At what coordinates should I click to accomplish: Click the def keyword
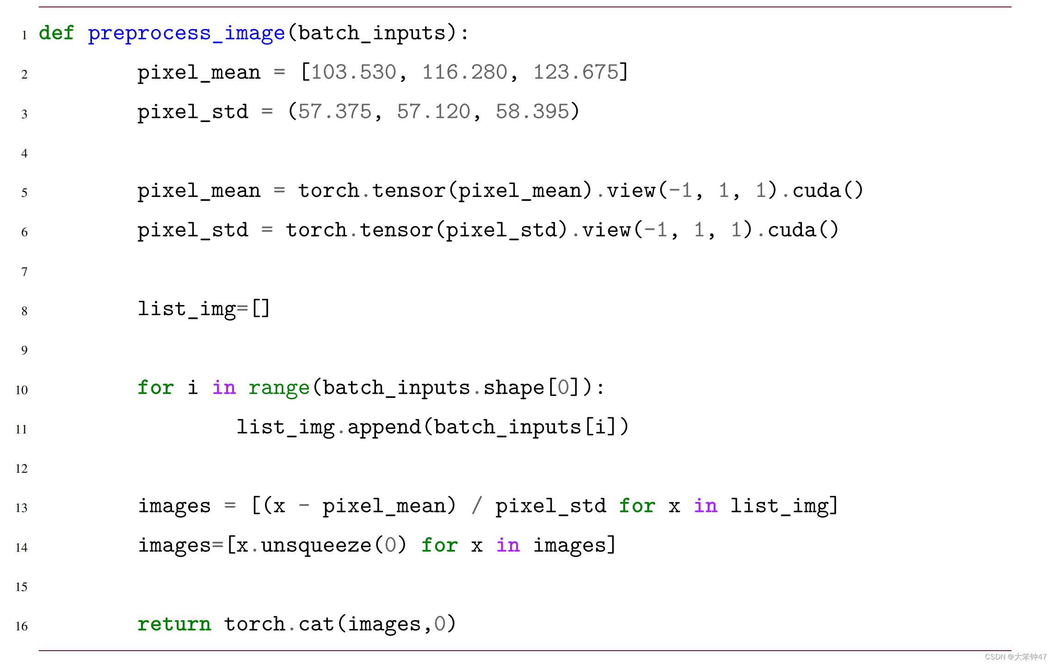pyautogui.click(x=56, y=33)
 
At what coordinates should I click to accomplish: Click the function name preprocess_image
pyautogui.click(x=186, y=33)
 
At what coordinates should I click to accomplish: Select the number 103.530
pyautogui.click(x=354, y=73)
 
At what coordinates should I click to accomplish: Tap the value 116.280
pyautogui.click(x=465, y=73)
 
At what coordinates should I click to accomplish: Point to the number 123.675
pyautogui.click(x=576, y=73)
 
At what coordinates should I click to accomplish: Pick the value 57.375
pyautogui.click(x=335, y=112)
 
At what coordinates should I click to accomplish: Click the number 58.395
pyautogui.click(x=532, y=112)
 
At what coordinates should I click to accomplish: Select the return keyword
pyautogui.click(x=174, y=624)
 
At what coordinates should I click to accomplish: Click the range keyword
pyautogui.click(x=278, y=388)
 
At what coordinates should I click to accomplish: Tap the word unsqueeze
pyautogui.click(x=316, y=546)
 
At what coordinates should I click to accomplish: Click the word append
pyautogui.click(x=384, y=427)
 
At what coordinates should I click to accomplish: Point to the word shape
pyautogui.click(x=514, y=388)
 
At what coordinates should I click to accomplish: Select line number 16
pyautogui.click(x=21, y=626)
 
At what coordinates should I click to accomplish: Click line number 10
pyautogui.click(x=21, y=390)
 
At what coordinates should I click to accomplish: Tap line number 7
pyautogui.click(x=24, y=272)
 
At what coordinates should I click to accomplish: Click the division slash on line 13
pyautogui.click(x=477, y=506)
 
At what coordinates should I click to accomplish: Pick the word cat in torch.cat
pyautogui.click(x=316, y=624)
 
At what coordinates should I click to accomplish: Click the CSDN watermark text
pyautogui.click(x=1015, y=657)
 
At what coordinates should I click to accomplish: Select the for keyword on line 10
pyautogui.click(x=155, y=388)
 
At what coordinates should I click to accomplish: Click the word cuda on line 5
pyautogui.click(x=816, y=191)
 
